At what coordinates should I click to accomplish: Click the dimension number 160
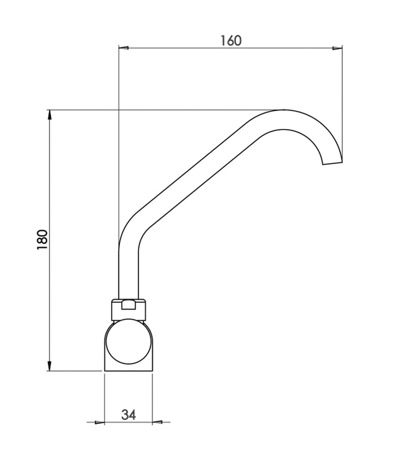click(x=231, y=41)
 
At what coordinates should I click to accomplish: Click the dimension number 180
click(x=42, y=240)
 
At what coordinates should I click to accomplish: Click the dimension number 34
click(x=129, y=414)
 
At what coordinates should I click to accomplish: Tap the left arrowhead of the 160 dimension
click(x=124, y=48)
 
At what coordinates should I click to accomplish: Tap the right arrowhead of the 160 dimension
click(x=338, y=48)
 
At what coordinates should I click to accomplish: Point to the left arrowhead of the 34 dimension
click(x=100, y=422)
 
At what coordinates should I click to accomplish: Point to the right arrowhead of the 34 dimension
click(x=157, y=422)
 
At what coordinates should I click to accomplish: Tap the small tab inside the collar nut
click(x=129, y=305)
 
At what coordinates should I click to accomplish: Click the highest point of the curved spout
click(x=284, y=111)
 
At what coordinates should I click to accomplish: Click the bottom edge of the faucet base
click(x=129, y=371)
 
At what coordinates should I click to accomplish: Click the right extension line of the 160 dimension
click(x=342, y=97)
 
